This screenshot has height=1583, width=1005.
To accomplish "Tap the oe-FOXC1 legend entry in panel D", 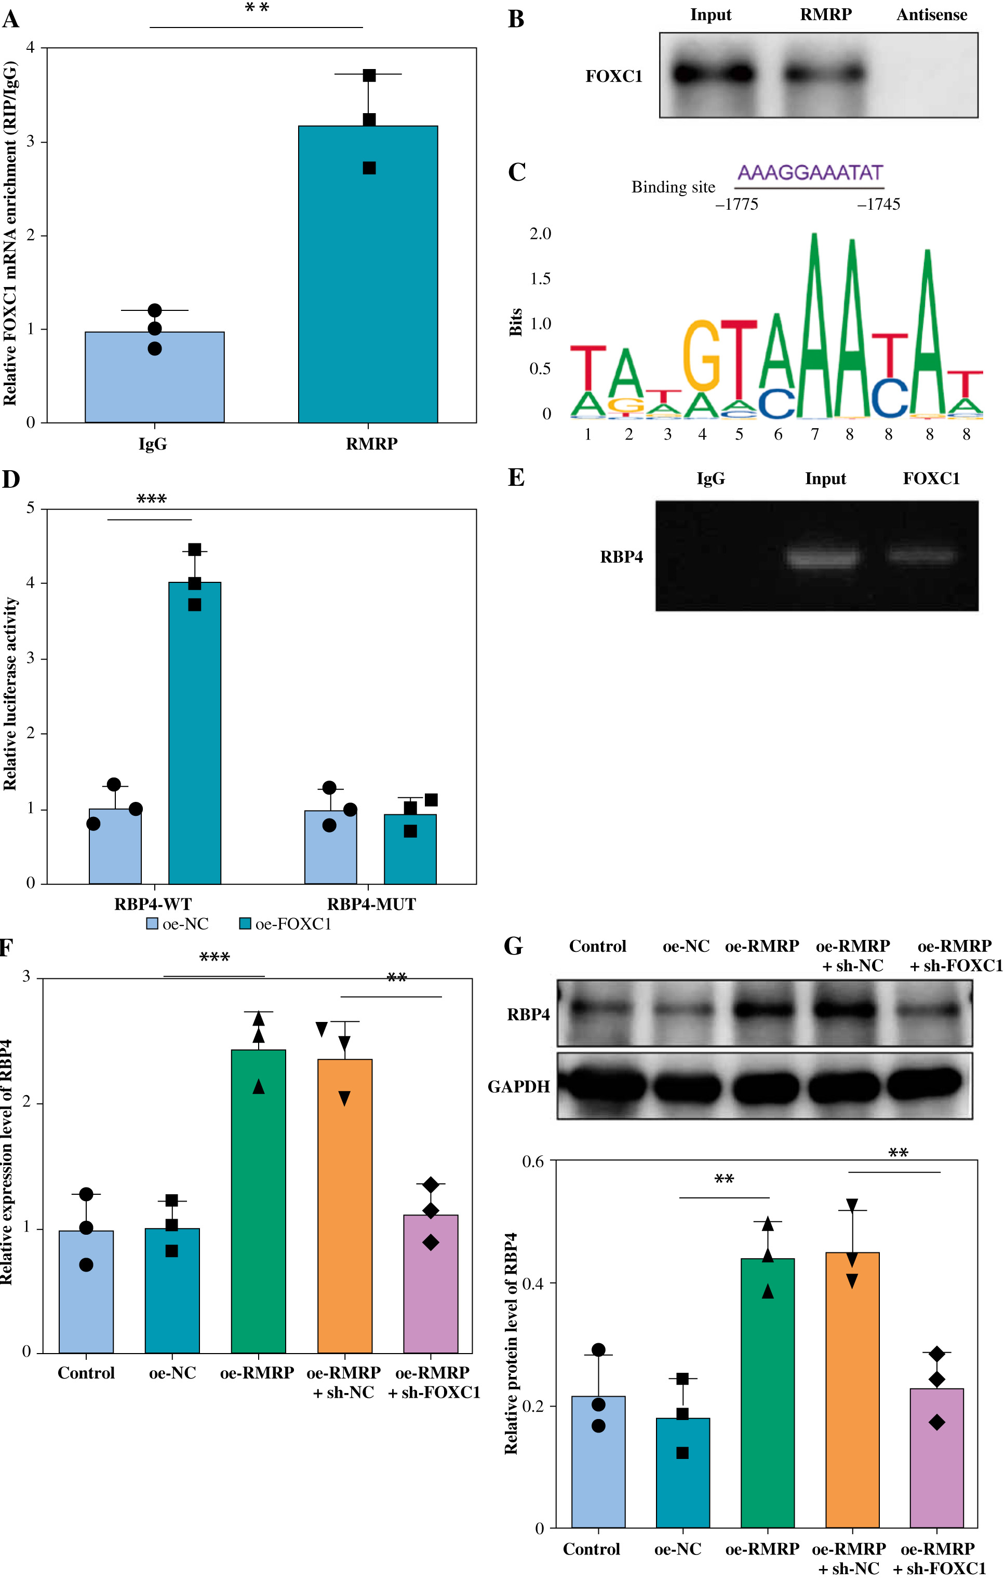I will pyautogui.click(x=286, y=924).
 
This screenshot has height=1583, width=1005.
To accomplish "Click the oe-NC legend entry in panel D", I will pyautogui.click(x=178, y=924).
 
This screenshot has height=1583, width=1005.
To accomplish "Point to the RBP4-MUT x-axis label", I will pyautogui.click(x=371, y=904).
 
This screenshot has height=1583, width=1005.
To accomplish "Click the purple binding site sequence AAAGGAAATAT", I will pyautogui.click(x=810, y=173).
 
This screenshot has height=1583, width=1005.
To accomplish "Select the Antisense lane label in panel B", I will pyautogui.click(x=931, y=15).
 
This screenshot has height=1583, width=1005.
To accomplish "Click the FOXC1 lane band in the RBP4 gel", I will pyautogui.click(x=921, y=555).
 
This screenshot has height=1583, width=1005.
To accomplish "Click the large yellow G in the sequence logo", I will pyautogui.click(x=702, y=355).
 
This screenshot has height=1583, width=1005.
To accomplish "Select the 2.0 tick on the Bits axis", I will pyautogui.click(x=540, y=234).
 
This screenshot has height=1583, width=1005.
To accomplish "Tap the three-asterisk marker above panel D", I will pyautogui.click(x=151, y=499).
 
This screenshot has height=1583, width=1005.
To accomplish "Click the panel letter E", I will pyautogui.click(x=516, y=478).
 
